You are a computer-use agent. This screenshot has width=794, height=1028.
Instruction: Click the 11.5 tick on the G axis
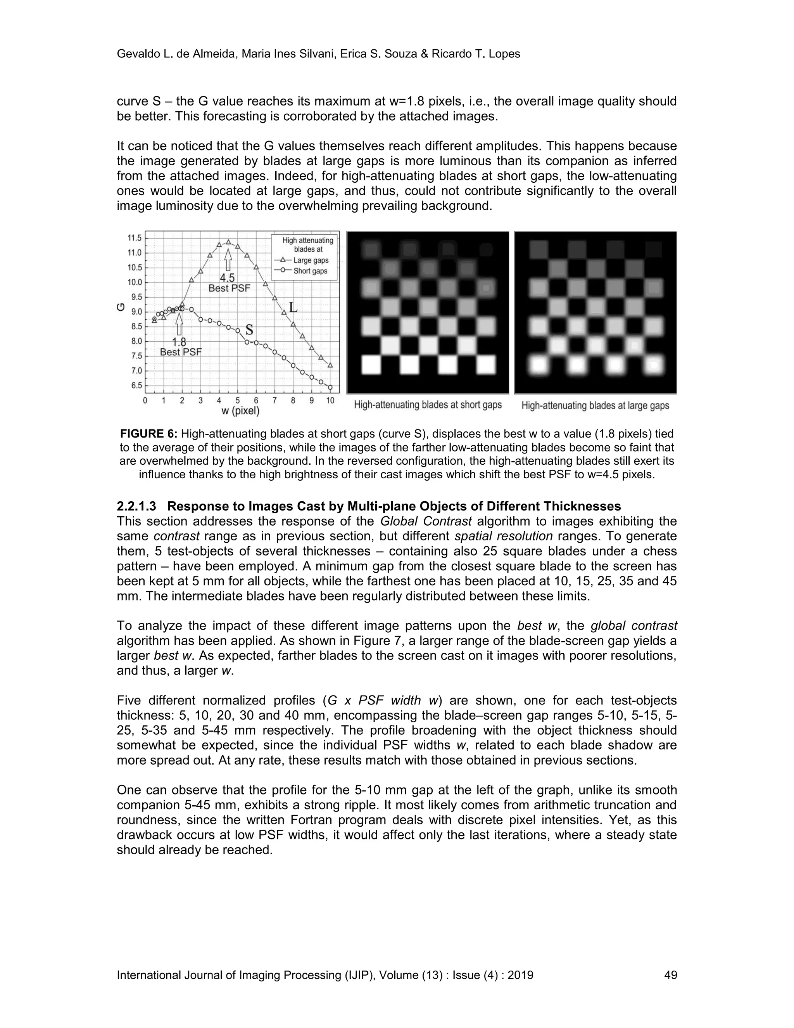135,238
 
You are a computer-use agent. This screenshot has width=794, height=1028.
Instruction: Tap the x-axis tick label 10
330,401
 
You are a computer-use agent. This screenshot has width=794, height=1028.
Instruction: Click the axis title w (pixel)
240,411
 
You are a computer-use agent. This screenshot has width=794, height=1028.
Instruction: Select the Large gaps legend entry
311,260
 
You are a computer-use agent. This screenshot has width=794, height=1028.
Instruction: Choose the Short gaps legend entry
310,271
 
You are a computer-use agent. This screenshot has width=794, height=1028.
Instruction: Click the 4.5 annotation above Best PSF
227,278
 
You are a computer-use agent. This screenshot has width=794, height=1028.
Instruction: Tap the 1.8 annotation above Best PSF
179,342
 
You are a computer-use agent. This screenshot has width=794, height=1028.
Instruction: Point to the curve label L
293,308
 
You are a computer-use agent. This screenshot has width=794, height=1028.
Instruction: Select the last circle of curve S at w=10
330,388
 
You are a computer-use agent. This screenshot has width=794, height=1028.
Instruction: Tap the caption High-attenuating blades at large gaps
595,405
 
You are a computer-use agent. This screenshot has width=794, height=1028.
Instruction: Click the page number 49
670,975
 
